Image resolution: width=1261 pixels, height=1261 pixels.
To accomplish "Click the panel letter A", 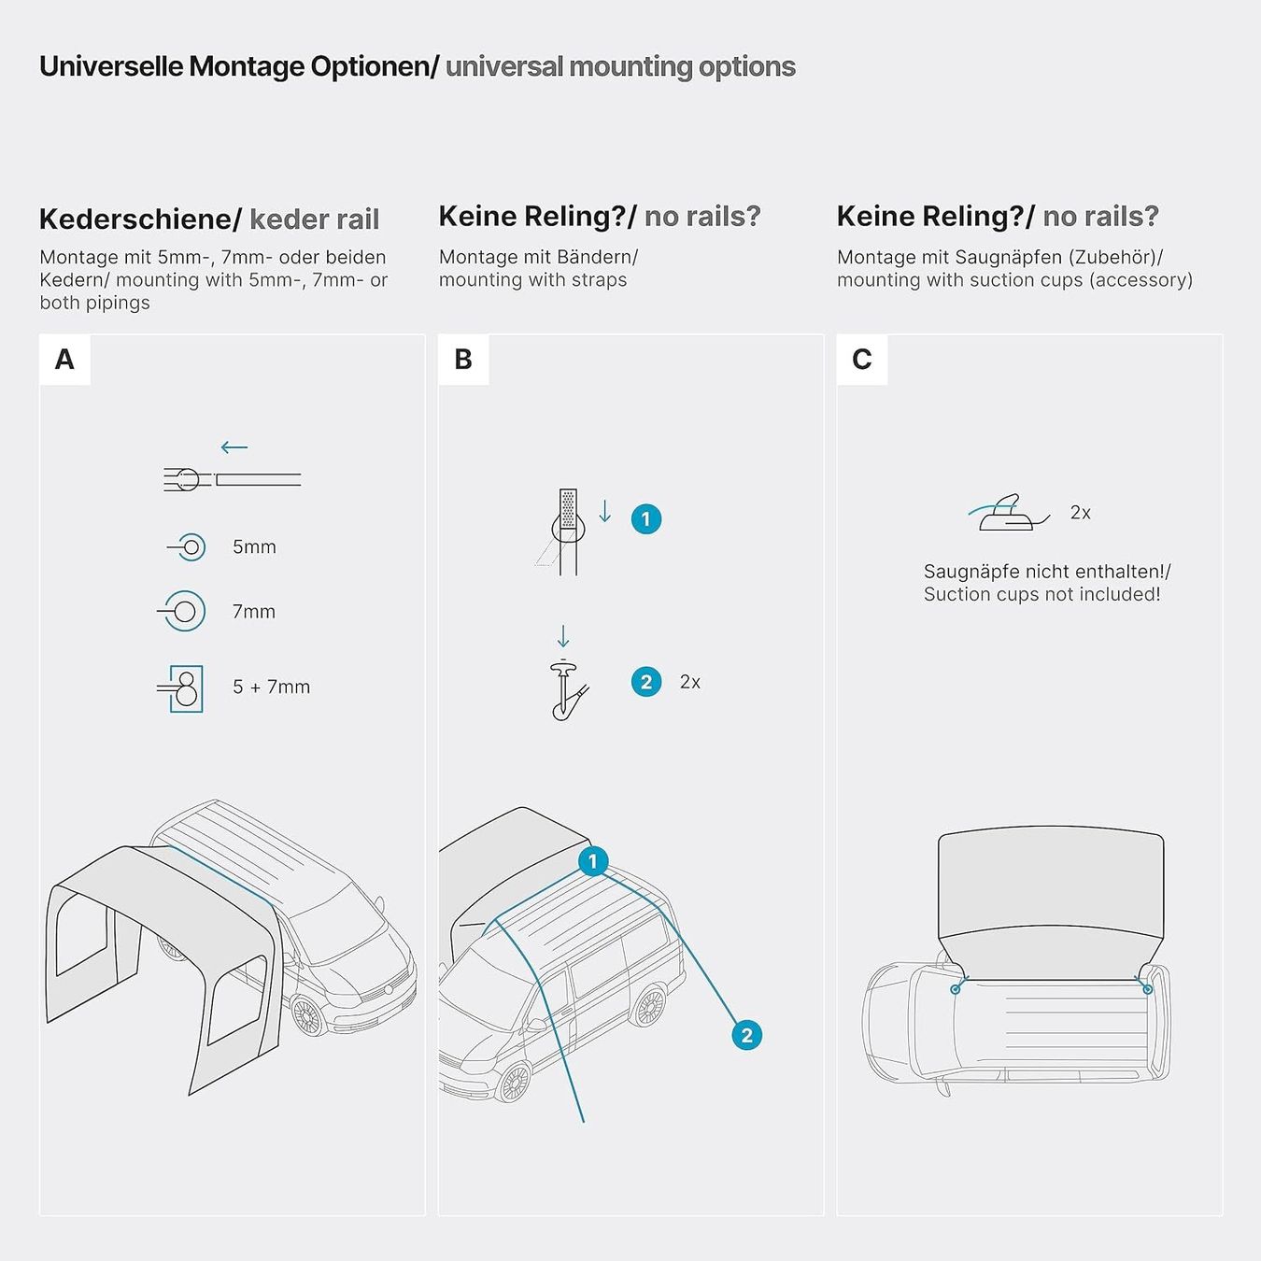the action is coord(64,360).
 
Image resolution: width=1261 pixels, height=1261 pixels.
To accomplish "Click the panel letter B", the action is coord(462,360).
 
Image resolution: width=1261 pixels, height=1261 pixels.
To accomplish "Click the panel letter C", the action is coord(861,360).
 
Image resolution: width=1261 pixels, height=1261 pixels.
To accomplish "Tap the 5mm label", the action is coord(254,546).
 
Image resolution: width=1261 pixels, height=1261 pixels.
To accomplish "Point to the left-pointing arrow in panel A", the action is coord(234,447).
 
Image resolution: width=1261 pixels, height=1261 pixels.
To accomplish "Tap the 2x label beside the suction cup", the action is coord(1081,513).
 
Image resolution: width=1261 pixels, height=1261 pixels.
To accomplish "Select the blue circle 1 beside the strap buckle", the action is coord(645,519).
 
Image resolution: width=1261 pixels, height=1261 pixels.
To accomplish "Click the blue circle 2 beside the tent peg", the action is coord(645,682).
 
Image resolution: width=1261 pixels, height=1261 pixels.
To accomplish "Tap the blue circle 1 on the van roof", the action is coord(593,861).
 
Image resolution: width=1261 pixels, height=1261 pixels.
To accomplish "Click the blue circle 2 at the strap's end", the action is coord(746,1035).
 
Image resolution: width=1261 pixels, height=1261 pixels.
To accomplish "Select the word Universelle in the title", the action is coord(110,66).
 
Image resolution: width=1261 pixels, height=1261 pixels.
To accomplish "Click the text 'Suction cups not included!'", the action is coord(1041,594).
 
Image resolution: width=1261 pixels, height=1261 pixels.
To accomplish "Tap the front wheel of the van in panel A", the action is coord(306,1015).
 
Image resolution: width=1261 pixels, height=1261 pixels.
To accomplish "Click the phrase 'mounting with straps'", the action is coord(532,280).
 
